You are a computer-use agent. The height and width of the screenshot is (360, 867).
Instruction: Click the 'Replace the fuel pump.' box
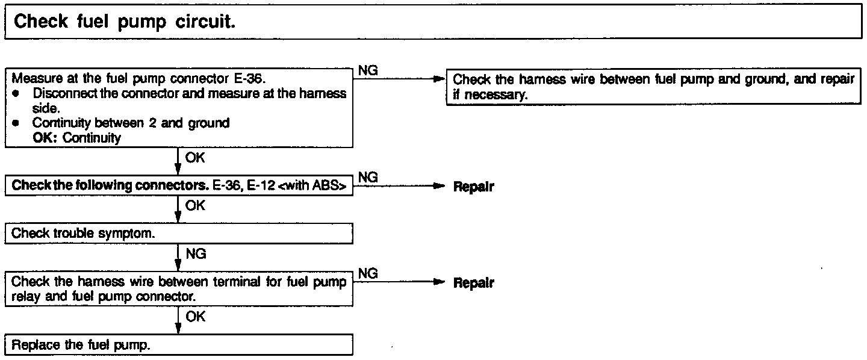click(179, 346)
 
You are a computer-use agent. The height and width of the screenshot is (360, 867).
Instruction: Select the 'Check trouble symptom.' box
click(179, 234)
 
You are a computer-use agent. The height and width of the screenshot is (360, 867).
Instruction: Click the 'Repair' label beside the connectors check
click(473, 187)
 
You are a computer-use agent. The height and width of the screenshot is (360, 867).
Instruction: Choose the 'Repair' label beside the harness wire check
click(473, 283)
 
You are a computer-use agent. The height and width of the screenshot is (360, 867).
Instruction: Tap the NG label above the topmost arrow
click(368, 71)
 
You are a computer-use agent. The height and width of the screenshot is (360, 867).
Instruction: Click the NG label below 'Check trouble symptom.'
click(196, 254)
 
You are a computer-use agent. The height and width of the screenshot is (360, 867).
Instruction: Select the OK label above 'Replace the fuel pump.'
click(195, 317)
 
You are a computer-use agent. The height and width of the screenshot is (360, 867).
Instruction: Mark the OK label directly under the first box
click(195, 159)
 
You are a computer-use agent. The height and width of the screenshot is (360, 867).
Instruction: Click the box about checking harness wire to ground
click(653, 88)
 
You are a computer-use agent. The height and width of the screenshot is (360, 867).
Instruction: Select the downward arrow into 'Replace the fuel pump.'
click(178, 327)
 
